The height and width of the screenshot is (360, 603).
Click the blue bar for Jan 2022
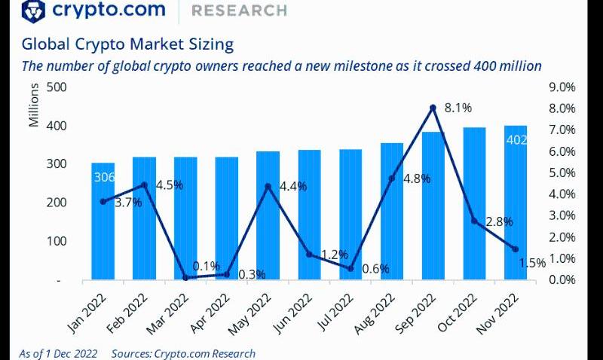[103, 226]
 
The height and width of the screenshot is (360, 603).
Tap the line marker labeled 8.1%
[433, 108]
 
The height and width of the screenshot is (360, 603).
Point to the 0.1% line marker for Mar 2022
[185, 277]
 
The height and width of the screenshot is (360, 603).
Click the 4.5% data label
[169, 184]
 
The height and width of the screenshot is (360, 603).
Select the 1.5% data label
[532, 263]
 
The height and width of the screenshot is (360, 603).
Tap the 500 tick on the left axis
[57, 87]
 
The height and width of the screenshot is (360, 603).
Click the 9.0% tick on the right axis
[562, 87]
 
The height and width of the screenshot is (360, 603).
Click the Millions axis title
[34, 108]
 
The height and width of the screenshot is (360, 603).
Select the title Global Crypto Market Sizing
[127, 44]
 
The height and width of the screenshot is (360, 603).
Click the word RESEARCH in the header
[239, 11]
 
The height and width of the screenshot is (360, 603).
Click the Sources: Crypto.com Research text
[183, 353]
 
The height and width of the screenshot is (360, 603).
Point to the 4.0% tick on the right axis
[562, 194]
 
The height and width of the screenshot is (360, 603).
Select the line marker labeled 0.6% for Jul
[350, 268]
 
